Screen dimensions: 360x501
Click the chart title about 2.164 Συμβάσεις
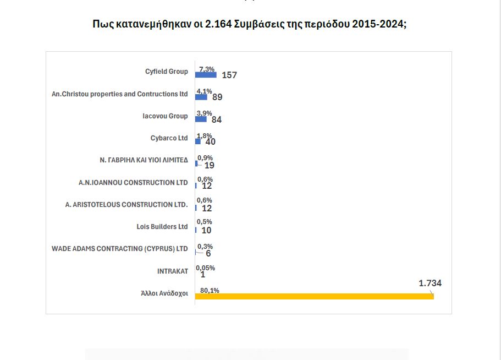(x=250, y=25)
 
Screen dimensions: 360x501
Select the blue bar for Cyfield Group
(x=206, y=74)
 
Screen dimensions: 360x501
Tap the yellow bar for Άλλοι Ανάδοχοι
(x=314, y=296)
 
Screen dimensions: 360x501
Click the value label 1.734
(x=430, y=283)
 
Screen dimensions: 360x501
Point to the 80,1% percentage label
(x=210, y=290)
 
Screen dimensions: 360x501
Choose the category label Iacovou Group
(x=165, y=116)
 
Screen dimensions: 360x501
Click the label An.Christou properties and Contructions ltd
(x=119, y=94)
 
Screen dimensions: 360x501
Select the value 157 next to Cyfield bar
(x=229, y=75)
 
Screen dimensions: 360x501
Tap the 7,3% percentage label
(x=207, y=68)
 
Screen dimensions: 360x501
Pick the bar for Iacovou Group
(x=201, y=119)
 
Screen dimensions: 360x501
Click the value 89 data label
(x=217, y=97)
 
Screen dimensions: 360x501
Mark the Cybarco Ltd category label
(x=169, y=138)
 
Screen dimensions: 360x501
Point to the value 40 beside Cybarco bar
(x=210, y=141)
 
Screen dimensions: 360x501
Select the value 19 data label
(x=209, y=165)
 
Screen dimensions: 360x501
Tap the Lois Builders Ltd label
(x=162, y=227)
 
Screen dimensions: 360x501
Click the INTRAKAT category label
(x=172, y=271)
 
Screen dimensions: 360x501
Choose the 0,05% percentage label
(x=205, y=268)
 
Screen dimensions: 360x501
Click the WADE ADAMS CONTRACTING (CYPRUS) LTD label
(x=119, y=249)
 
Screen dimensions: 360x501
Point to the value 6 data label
(x=208, y=253)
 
